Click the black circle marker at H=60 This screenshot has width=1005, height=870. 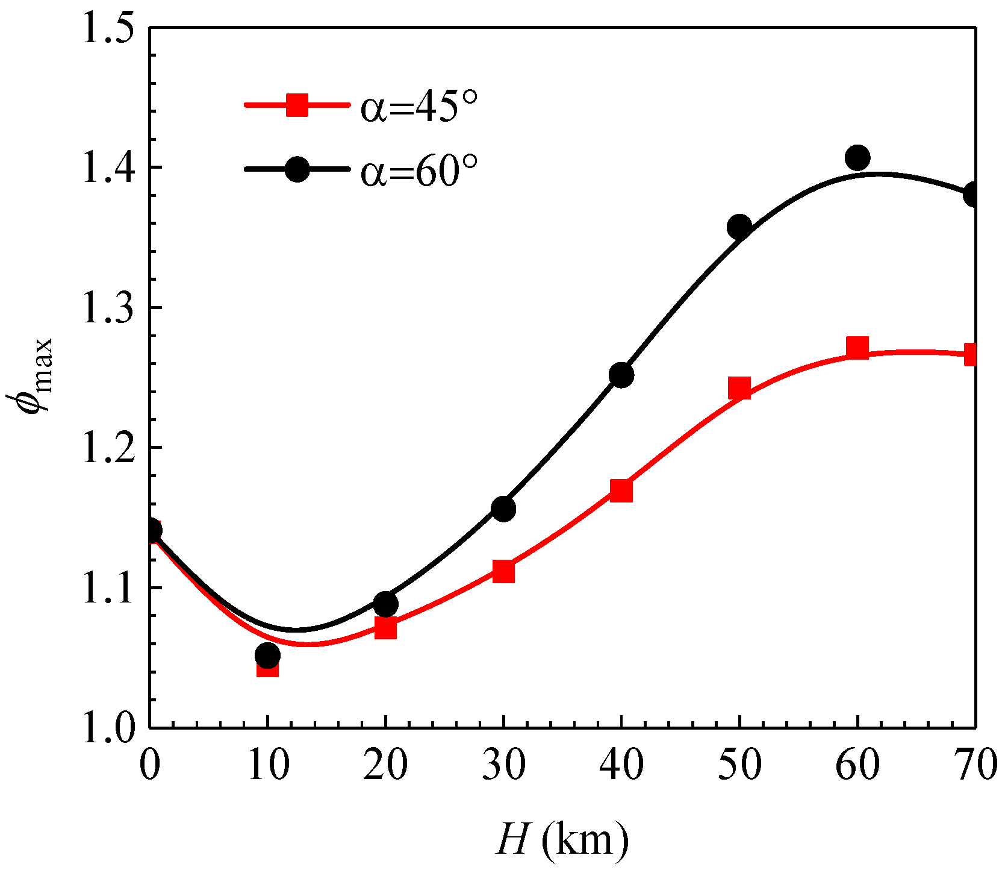[x=857, y=158]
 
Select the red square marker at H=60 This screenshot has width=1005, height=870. [x=857, y=348]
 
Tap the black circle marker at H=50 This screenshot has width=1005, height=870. [x=739, y=227]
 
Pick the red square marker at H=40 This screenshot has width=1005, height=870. [x=621, y=490]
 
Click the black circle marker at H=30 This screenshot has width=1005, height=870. [x=503, y=509]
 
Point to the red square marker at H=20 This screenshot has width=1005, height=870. [x=385, y=628]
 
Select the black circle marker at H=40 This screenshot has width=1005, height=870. [x=621, y=375]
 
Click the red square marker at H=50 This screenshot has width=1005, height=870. [x=739, y=389]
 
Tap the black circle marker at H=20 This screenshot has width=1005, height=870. [x=385, y=603]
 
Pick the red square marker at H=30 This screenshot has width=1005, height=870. [x=503, y=571]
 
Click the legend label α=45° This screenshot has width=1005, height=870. [x=420, y=106]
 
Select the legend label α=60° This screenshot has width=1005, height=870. [x=420, y=171]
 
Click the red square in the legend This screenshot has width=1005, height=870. [x=297, y=105]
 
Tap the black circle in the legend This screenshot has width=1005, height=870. [x=297, y=169]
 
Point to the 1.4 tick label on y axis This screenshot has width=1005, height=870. [x=108, y=167]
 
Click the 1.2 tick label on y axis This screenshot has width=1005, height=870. [x=108, y=448]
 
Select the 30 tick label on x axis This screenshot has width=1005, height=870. [x=503, y=765]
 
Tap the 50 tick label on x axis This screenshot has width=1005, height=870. [x=739, y=765]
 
